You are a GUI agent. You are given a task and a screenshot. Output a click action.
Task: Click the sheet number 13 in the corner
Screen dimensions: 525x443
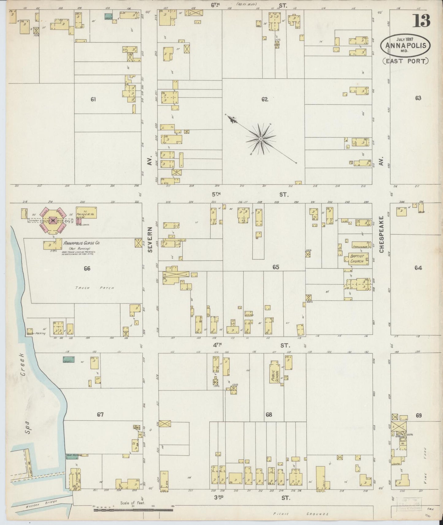[422, 21]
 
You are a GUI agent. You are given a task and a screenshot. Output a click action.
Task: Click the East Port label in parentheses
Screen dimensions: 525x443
[406, 61]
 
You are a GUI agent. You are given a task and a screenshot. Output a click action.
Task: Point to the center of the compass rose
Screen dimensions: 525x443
[260, 139]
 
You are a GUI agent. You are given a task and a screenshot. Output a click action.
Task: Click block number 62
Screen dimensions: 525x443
[265, 99]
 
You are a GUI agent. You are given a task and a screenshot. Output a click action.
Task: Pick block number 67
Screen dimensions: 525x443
[100, 415]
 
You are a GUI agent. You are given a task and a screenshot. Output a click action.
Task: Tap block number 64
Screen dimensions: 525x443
[418, 268]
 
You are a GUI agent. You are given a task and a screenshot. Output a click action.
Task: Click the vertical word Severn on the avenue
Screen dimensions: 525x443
[150, 240]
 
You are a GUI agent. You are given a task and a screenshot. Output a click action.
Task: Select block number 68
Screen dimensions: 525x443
[269, 415]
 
